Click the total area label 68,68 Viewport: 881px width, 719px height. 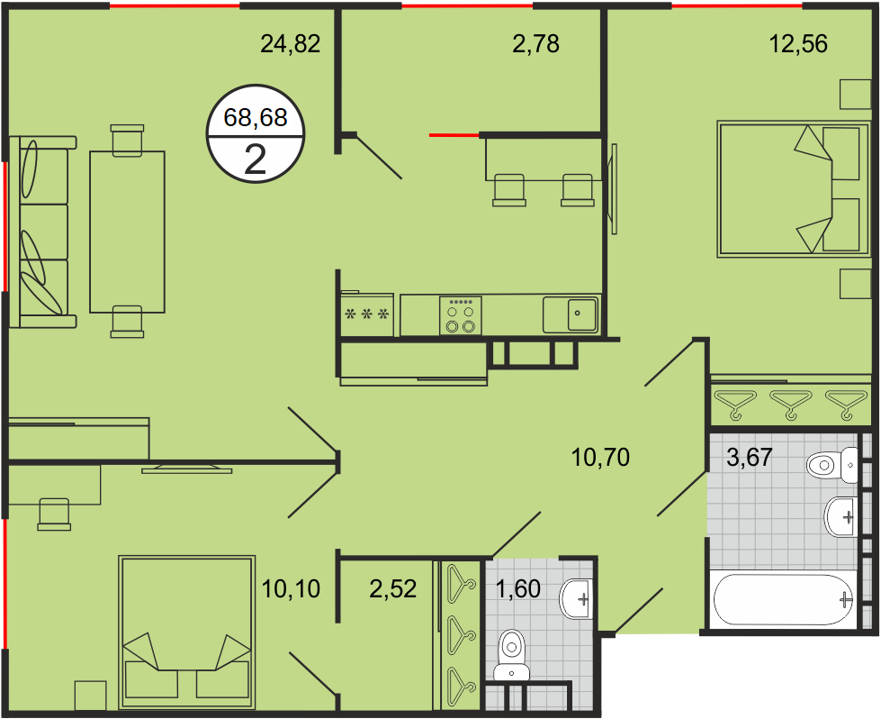(256, 118)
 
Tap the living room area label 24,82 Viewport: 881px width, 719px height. (291, 44)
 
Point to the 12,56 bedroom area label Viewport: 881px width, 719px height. (798, 44)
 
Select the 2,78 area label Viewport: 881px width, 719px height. (536, 44)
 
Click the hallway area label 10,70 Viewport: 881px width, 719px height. (600, 458)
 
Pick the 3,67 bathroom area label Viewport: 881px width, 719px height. (750, 458)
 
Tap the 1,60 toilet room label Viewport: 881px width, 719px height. (518, 589)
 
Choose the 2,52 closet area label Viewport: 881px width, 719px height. (393, 589)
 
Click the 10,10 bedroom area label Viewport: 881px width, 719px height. (291, 589)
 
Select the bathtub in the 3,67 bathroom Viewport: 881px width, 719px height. (783, 600)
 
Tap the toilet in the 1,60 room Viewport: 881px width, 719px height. (511, 655)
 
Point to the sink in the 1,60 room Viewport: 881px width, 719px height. (576, 598)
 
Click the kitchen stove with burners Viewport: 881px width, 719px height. (461, 315)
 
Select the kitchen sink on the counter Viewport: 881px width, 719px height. (571, 314)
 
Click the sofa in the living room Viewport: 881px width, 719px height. (42, 232)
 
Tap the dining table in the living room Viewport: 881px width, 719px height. (128, 232)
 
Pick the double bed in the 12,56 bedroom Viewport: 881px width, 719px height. (794, 189)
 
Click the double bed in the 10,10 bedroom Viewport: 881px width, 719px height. (186, 633)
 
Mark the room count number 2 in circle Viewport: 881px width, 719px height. (256, 160)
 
